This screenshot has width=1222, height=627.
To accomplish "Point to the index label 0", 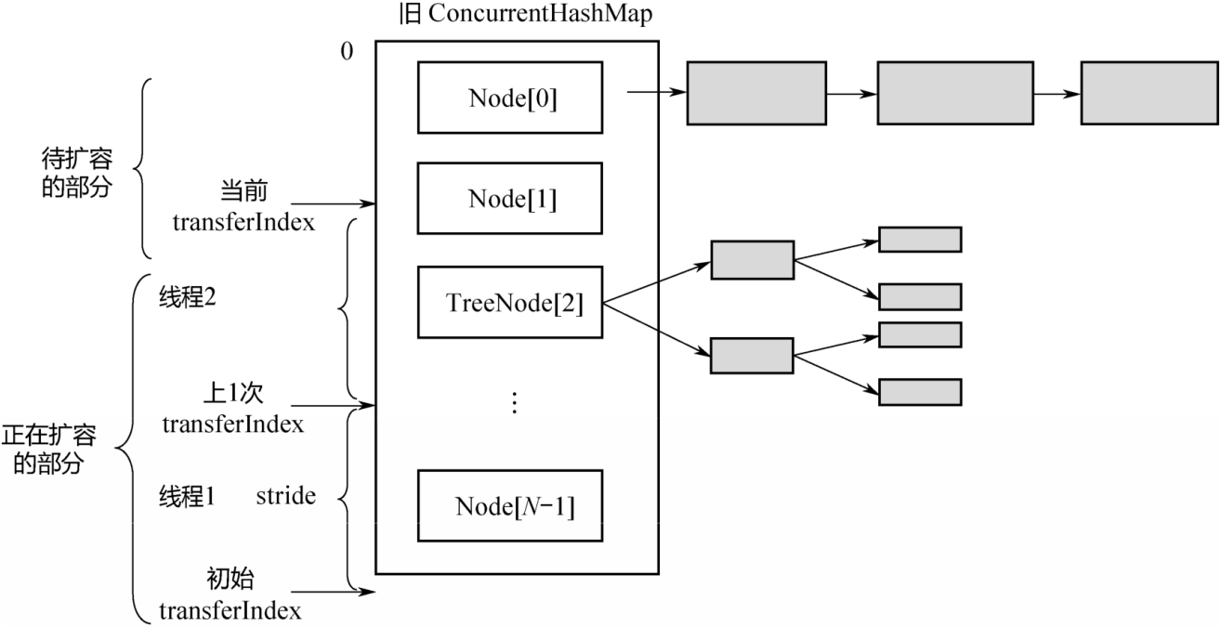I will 347,51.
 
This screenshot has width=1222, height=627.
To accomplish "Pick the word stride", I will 285,497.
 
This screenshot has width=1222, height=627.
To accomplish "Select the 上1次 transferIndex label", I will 232,409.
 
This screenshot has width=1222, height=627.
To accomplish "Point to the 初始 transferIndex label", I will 230,595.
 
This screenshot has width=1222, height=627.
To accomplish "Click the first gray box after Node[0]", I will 756,93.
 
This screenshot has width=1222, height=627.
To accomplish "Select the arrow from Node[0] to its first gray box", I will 657,93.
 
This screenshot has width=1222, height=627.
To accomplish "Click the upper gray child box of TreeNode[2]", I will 752,259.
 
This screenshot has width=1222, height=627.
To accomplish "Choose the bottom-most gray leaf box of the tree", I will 919,392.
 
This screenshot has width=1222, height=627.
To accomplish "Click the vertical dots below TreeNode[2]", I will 516,401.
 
